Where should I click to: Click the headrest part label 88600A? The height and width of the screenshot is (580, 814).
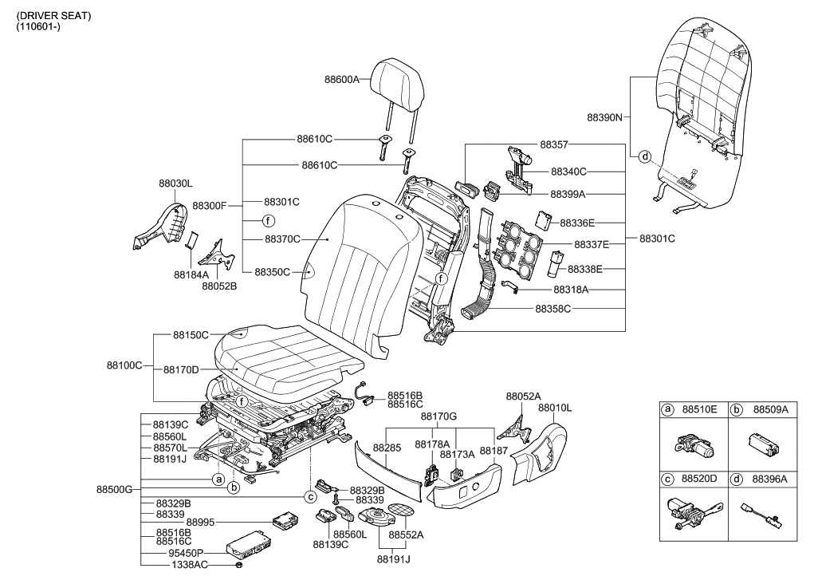click(342, 80)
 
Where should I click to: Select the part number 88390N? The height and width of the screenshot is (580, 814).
click(604, 116)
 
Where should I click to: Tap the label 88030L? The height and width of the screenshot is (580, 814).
click(175, 183)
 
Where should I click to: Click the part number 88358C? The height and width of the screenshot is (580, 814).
click(552, 307)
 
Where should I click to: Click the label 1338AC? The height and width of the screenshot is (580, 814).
click(189, 565)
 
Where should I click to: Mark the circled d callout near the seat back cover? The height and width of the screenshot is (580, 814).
click(645, 156)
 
